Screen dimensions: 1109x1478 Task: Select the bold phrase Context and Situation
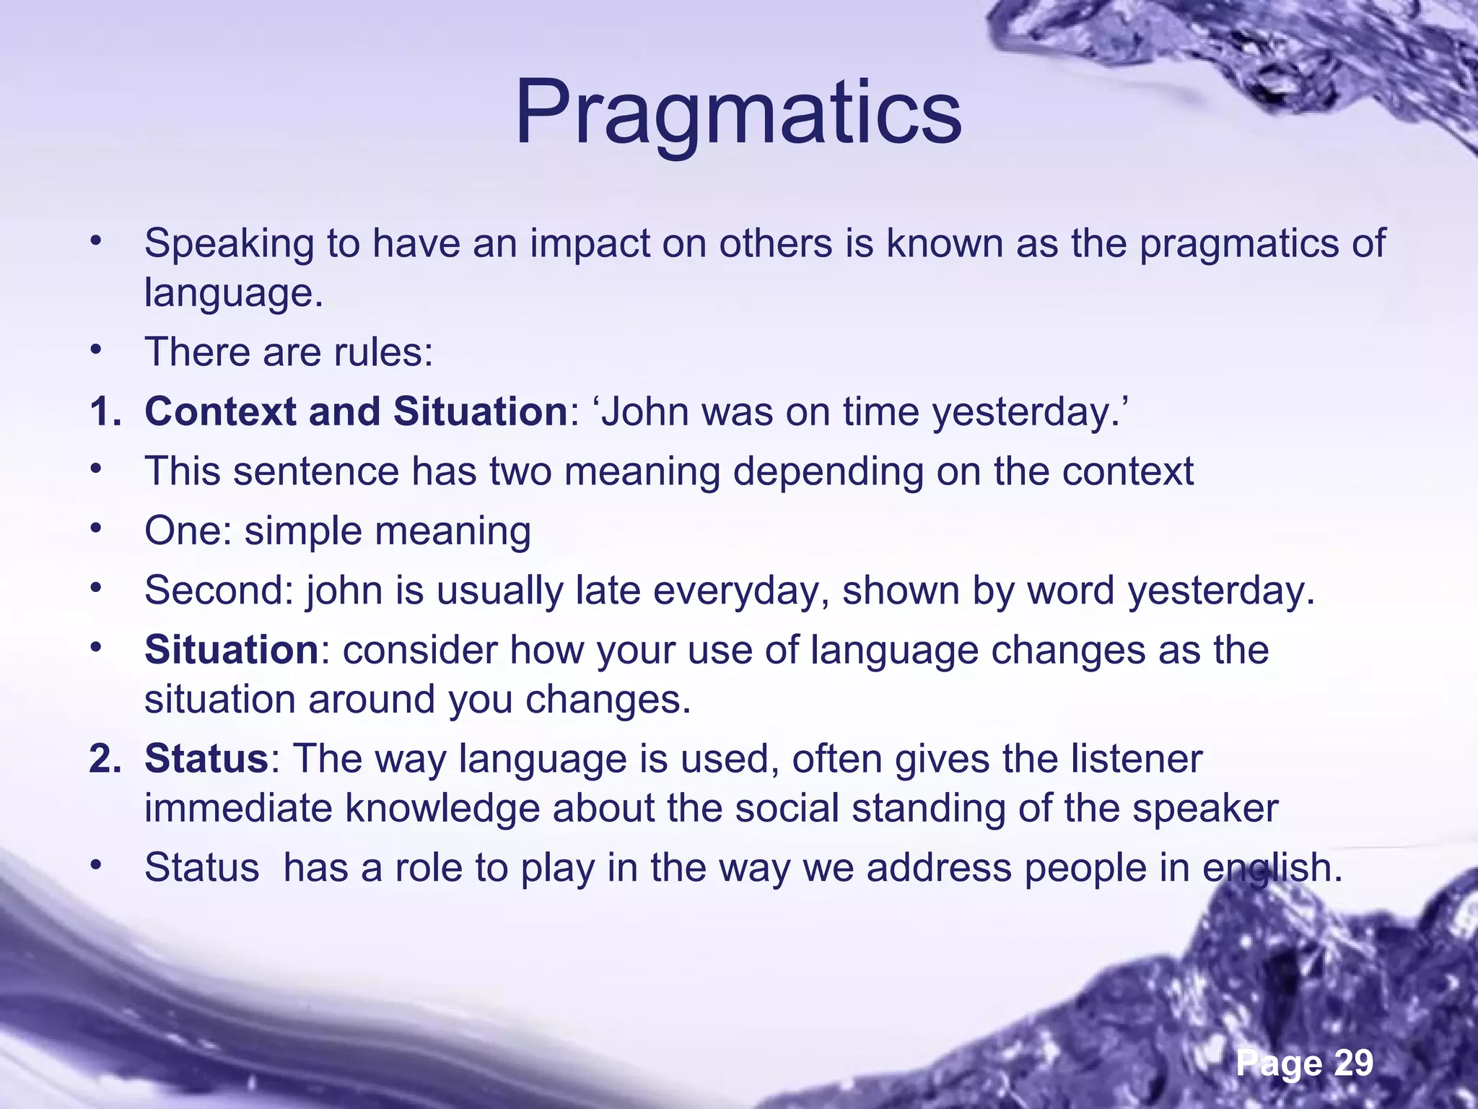(356, 412)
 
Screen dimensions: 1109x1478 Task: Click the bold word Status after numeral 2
(206, 758)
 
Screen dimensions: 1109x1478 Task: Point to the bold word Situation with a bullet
(232, 649)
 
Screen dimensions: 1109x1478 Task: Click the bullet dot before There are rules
(95, 350)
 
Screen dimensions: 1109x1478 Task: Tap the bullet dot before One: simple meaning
(95, 529)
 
